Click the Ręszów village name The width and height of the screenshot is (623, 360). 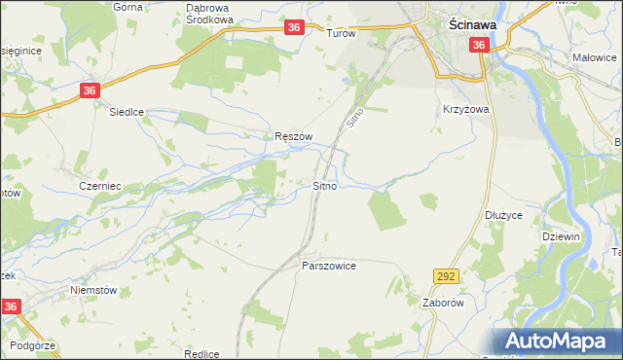click(293, 137)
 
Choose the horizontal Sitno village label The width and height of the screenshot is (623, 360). click(325, 184)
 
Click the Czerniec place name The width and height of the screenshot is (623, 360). click(99, 184)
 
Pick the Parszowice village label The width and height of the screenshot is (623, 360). click(329, 265)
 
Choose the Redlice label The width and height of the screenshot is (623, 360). click(201, 354)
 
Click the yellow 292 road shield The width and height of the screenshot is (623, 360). click(447, 277)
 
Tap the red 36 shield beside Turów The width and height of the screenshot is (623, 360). click(294, 30)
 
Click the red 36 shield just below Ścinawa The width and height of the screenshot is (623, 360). click(478, 45)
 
